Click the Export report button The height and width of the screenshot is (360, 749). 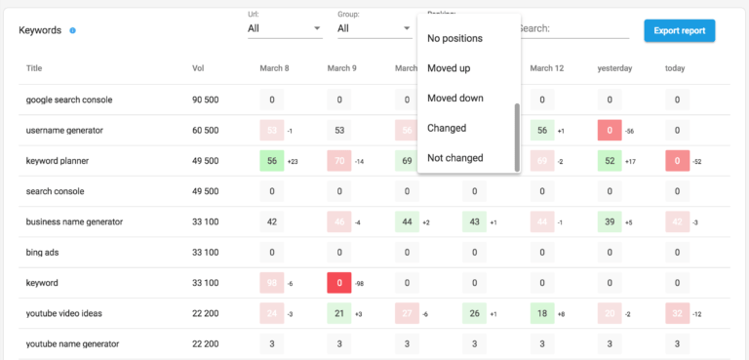(680, 30)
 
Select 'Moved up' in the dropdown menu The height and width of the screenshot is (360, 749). (448, 68)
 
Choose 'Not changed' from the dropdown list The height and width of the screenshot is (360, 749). (454, 158)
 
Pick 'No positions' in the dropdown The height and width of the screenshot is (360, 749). (454, 38)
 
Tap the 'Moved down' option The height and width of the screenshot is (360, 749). (454, 99)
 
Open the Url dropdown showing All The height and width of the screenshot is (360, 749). (284, 29)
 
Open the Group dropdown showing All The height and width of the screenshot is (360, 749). (374, 29)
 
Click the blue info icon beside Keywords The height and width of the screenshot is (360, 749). (73, 30)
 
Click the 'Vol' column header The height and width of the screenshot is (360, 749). (199, 68)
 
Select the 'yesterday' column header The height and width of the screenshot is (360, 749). (614, 68)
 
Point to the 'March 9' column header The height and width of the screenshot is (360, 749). (341, 68)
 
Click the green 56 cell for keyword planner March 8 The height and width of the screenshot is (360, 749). (272, 161)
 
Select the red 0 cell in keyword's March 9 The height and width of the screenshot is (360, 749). (339, 283)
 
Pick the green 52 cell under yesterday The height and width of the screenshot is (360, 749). (610, 161)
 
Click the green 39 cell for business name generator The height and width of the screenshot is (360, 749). (610, 222)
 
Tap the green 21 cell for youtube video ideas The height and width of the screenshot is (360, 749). (339, 313)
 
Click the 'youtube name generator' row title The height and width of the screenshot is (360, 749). (73, 344)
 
